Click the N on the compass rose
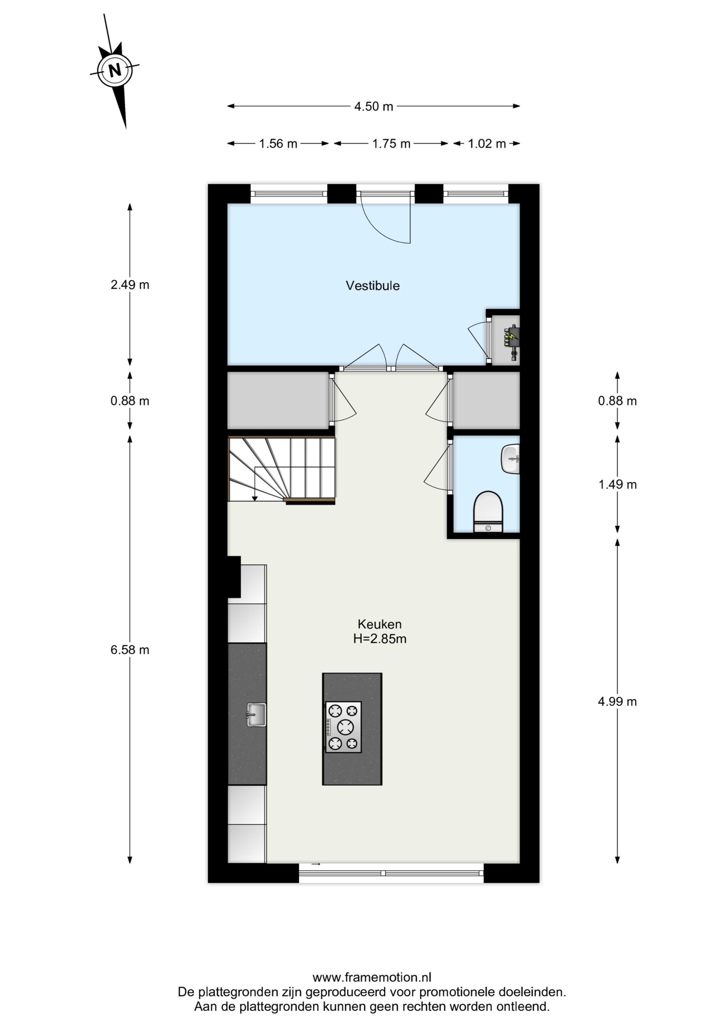coord(115,70)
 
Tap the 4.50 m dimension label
coord(373,106)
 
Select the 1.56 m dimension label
coord(278,144)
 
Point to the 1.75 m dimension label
coord(391,144)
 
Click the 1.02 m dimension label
coord(487,144)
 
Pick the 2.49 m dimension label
coord(130,284)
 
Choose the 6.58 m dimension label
coord(130,650)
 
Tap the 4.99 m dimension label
coord(617,701)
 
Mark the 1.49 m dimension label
coord(617,485)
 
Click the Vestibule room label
coord(373,286)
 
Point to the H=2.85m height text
coord(380,639)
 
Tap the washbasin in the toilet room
coord(510,459)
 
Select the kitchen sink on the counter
coord(256,714)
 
